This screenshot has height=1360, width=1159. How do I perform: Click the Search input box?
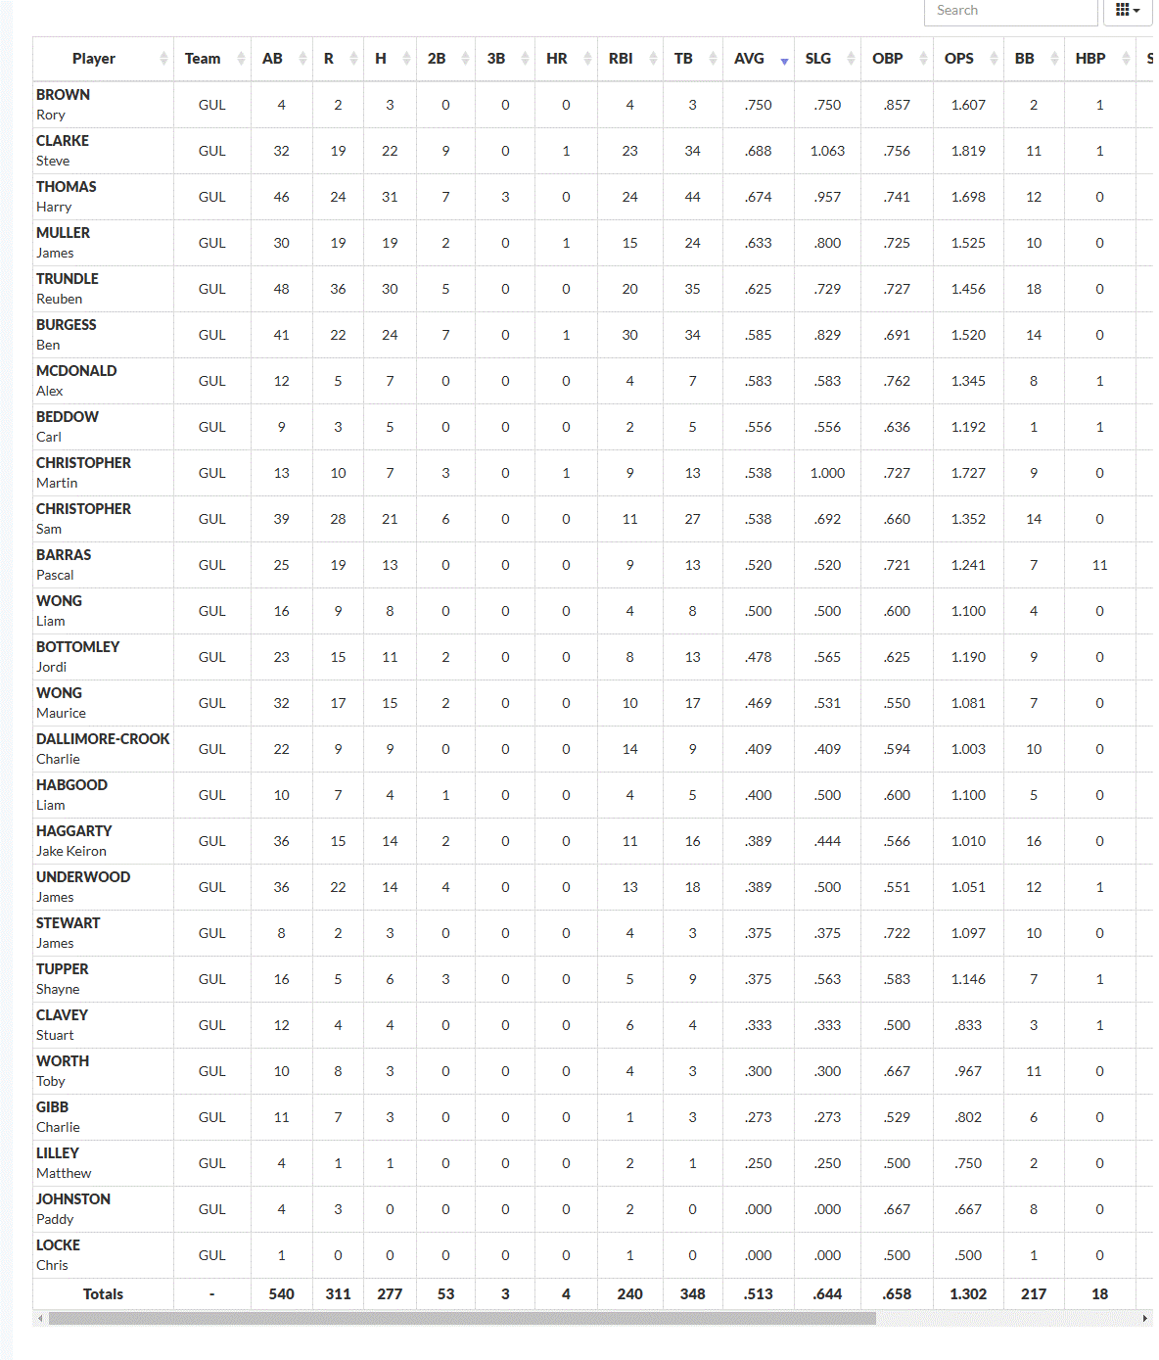click(x=1009, y=11)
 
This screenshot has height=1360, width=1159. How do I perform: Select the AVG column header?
click(x=750, y=59)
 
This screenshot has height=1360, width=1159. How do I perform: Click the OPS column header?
click(x=959, y=59)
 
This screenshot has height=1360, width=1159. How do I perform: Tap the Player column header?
click(x=94, y=59)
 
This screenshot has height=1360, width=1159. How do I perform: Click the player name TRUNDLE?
click(x=68, y=279)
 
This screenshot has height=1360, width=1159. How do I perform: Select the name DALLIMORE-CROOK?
click(x=103, y=739)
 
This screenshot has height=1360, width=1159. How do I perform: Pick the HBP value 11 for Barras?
click(x=1099, y=565)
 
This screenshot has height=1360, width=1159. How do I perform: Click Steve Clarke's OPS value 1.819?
click(x=968, y=151)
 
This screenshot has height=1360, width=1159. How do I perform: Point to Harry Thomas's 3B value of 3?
click(x=505, y=197)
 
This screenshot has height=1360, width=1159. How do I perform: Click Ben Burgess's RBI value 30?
click(x=629, y=335)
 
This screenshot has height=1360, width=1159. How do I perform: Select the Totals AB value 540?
click(x=281, y=1294)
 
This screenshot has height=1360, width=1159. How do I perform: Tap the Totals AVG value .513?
click(x=759, y=1294)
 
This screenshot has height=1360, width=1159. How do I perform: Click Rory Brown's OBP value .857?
click(x=897, y=105)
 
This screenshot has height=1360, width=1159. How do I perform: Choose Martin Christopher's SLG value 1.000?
click(x=827, y=473)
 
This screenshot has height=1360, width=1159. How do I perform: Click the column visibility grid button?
click(x=1128, y=11)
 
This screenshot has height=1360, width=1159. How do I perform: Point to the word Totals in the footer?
click(x=103, y=1294)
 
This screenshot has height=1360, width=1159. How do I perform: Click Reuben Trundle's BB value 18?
click(x=1034, y=289)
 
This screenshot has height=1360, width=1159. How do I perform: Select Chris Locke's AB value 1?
click(x=281, y=1255)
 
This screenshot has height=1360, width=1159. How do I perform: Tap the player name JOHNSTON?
click(x=73, y=1199)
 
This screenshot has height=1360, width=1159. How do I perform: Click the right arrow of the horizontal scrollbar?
click(x=1145, y=1319)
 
